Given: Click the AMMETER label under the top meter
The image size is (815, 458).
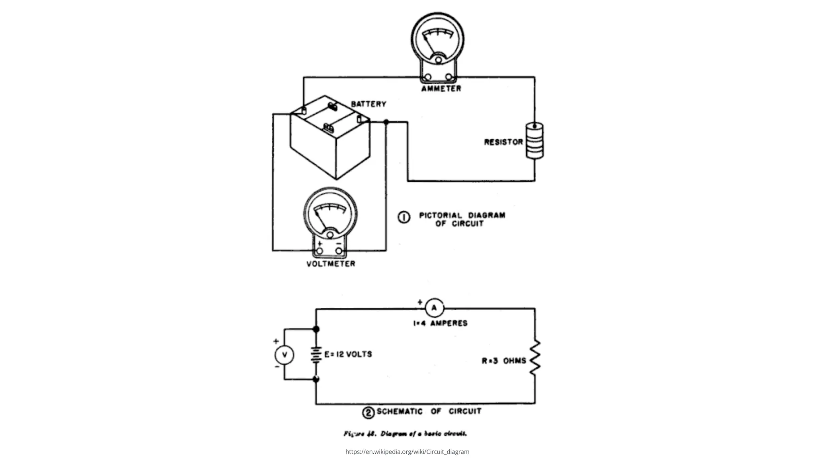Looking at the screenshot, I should click(441, 89).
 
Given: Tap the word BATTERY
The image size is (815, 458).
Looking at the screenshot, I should click(369, 104).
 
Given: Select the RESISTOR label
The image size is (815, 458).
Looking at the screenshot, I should click(503, 142).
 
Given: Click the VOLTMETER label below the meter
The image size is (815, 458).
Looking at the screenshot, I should click(331, 264).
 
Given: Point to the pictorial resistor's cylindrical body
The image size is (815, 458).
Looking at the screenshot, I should click(534, 141).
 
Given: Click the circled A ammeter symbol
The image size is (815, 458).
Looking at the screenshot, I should click(434, 308).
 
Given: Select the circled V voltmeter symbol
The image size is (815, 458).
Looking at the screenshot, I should click(284, 355).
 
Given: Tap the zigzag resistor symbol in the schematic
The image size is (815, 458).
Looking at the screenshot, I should click(534, 357).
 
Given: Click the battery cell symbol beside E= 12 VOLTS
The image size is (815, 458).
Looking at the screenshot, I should click(316, 355).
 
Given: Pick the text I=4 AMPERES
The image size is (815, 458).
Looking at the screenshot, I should click(440, 323).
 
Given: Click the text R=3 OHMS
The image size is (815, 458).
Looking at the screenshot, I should click(504, 361).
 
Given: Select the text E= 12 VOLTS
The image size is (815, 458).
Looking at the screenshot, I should click(348, 354).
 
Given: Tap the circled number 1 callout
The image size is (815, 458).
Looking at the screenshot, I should click(404, 217).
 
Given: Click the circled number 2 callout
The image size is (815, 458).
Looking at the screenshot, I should click(368, 413).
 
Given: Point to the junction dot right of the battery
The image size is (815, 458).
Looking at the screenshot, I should click(386, 122).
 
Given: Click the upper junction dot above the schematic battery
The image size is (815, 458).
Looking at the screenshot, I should click(316, 329).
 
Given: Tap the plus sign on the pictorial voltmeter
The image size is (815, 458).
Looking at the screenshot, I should click(320, 243).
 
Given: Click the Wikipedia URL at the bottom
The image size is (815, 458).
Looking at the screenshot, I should click(407, 452).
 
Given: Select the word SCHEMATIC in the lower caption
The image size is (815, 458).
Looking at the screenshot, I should click(400, 411).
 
